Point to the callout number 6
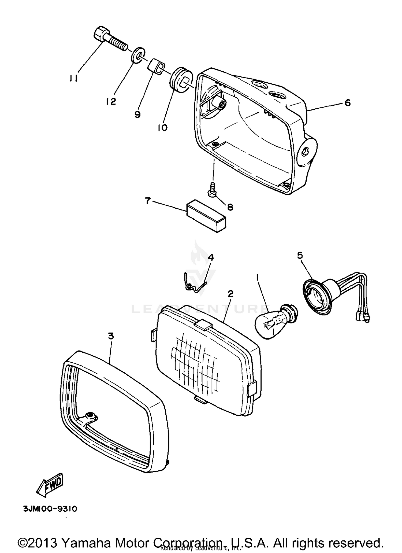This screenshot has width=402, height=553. point(347,103)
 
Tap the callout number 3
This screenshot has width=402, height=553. point(111,336)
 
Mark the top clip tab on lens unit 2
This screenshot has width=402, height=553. point(203,325)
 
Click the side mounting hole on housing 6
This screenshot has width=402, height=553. point(305,152)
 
